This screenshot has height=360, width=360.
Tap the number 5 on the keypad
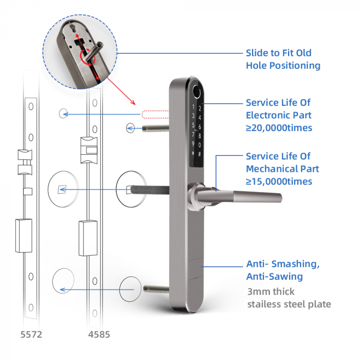(x=193, y=125)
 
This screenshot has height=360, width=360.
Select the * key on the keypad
(x=193, y=153)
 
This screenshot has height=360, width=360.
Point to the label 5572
(x=31, y=334)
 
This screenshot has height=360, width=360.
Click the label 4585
(x=99, y=334)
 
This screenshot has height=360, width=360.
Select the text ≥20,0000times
(x=279, y=128)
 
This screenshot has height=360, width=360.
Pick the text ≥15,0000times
(x=279, y=182)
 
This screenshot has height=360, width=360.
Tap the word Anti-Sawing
(x=275, y=277)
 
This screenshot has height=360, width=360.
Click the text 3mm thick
(x=271, y=292)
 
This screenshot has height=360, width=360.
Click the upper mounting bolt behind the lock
(x=156, y=128)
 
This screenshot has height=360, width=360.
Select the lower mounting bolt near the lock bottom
(x=156, y=289)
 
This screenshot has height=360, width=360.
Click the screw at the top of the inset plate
(x=74, y=27)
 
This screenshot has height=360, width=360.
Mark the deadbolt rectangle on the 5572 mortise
(x=24, y=236)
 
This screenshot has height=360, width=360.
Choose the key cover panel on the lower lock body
(x=196, y=268)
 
